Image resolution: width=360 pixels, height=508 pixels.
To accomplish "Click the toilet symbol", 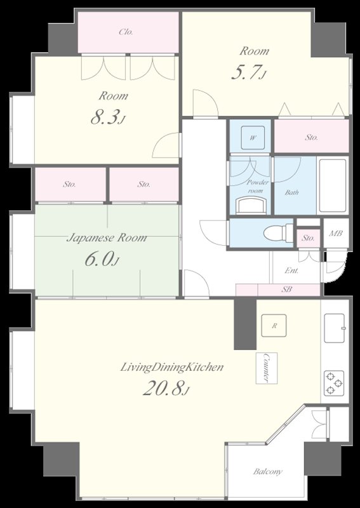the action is [278, 232].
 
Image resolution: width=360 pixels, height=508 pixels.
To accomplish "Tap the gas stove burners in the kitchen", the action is [334, 383].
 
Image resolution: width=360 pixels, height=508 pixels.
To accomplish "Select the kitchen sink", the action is [334, 328].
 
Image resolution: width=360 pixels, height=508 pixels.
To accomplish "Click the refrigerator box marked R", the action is [274, 326].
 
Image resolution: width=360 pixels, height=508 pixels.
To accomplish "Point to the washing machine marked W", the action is [253, 138].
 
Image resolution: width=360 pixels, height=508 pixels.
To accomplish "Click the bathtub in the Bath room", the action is [333, 185].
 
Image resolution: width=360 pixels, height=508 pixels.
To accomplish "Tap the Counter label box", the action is [267, 368].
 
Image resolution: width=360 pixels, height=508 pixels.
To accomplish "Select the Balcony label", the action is [268, 471].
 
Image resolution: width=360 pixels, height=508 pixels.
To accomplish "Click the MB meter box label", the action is [336, 233].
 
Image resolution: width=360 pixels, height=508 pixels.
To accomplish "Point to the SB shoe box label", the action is [286, 290].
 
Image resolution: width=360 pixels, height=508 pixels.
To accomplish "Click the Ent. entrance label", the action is [291, 271].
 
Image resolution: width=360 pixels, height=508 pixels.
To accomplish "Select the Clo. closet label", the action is [126, 32].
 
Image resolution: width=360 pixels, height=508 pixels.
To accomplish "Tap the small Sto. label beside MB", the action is [308, 238].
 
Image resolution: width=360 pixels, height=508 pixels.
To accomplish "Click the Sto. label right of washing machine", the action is [311, 137].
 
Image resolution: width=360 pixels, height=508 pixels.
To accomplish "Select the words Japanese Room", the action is [107, 237].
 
